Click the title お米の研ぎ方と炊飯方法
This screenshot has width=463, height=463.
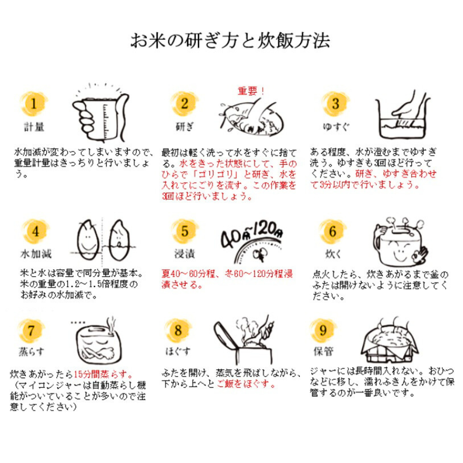pyautogui.click(x=230, y=41)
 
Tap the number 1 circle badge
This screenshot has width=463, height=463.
pyautogui.click(x=33, y=103)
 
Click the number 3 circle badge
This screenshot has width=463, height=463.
pyautogui.click(x=335, y=103)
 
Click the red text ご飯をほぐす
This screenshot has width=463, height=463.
pyautogui.click(x=245, y=384)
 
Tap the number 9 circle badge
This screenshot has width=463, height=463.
pyautogui.click(x=323, y=329)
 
